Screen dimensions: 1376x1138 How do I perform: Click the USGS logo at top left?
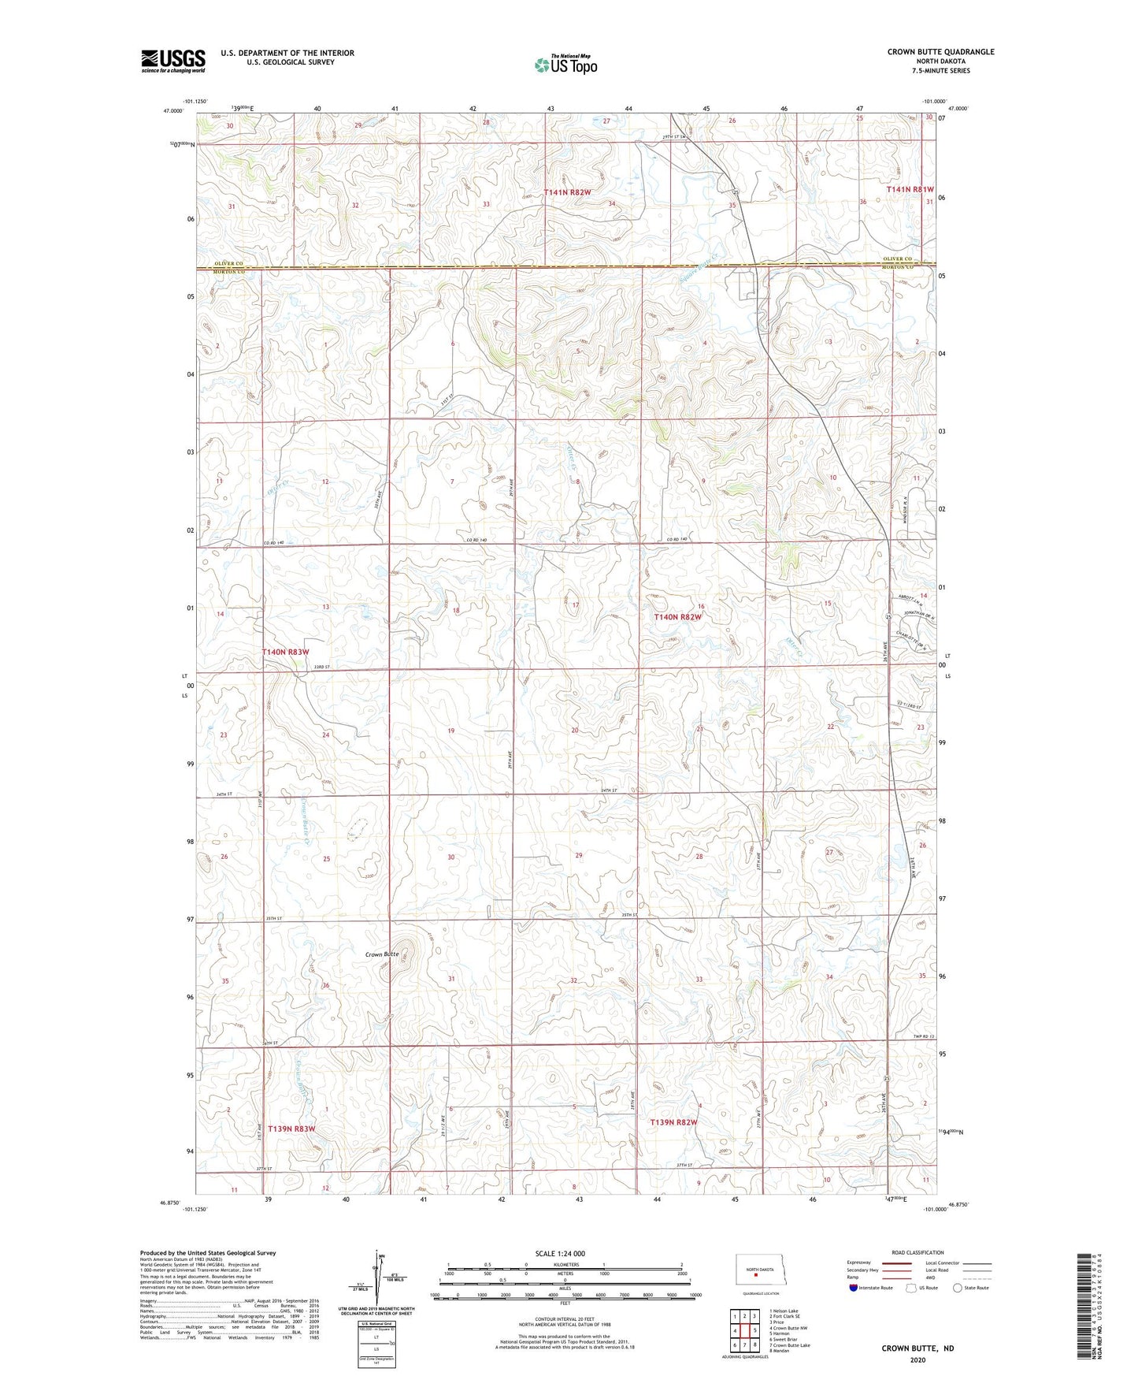click(x=172, y=61)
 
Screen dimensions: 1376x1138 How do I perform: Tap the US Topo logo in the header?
click(x=565, y=65)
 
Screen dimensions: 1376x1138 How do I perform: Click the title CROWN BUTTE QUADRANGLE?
click(x=940, y=52)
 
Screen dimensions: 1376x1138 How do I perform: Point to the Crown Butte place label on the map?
click(x=382, y=954)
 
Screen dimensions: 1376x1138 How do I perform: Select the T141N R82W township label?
click(x=573, y=192)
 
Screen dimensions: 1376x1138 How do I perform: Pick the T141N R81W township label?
click(x=910, y=190)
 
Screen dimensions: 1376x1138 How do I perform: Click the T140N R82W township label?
click(x=677, y=617)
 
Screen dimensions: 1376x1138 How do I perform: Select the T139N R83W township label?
click(x=291, y=1129)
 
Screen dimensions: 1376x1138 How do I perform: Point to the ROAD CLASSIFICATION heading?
click(x=917, y=1252)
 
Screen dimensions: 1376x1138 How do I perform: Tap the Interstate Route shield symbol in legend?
click(x=854, y=1288)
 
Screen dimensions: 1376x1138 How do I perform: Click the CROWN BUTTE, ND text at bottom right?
click(x=917, y=1348)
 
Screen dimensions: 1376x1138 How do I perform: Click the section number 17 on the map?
click(x=576, y=605)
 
